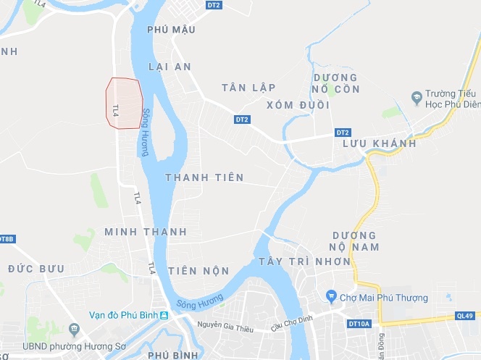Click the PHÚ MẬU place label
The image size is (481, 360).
pos(171,30)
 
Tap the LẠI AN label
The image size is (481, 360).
pos(169,67)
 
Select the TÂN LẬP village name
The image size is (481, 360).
pos(248,88)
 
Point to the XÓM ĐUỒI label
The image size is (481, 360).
pos(298,105)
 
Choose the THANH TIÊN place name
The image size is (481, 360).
pos(204,177)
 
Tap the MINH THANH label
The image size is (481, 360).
pos(146,232)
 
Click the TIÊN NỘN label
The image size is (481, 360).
pos(198,271)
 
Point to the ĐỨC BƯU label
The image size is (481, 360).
pos(36,269)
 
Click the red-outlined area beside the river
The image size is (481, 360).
pos(124,103)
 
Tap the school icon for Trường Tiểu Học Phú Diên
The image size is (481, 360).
pos(416,97)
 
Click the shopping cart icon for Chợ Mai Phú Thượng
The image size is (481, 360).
pos(331,297)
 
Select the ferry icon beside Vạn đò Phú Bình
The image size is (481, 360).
pos(164,315)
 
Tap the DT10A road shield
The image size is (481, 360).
pos(359,323)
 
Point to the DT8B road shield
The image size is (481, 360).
pos(7,238)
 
